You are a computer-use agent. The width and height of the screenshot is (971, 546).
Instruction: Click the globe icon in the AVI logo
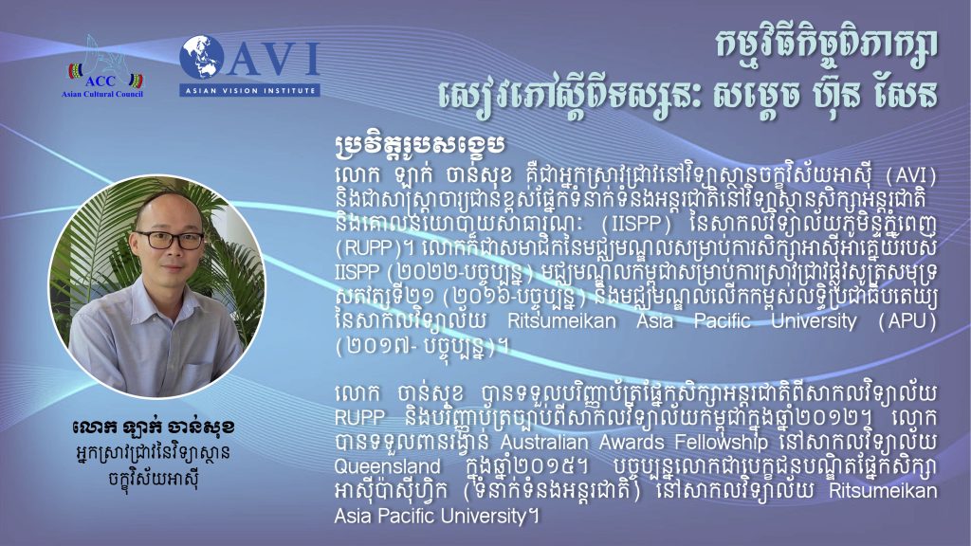(202, 58)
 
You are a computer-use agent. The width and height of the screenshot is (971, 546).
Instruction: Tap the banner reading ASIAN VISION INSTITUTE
(249, 90)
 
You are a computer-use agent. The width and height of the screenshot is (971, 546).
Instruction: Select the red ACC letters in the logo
(101, 82)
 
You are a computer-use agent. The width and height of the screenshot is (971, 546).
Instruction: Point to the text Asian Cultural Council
(102, 94)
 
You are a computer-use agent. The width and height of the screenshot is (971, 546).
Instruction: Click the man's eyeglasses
(169, 240)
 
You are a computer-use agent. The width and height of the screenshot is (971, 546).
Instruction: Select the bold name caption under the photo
(153, 428)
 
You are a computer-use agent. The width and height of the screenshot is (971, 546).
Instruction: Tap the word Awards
(632, 442)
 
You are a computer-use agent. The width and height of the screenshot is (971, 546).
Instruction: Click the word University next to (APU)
(812, 321)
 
